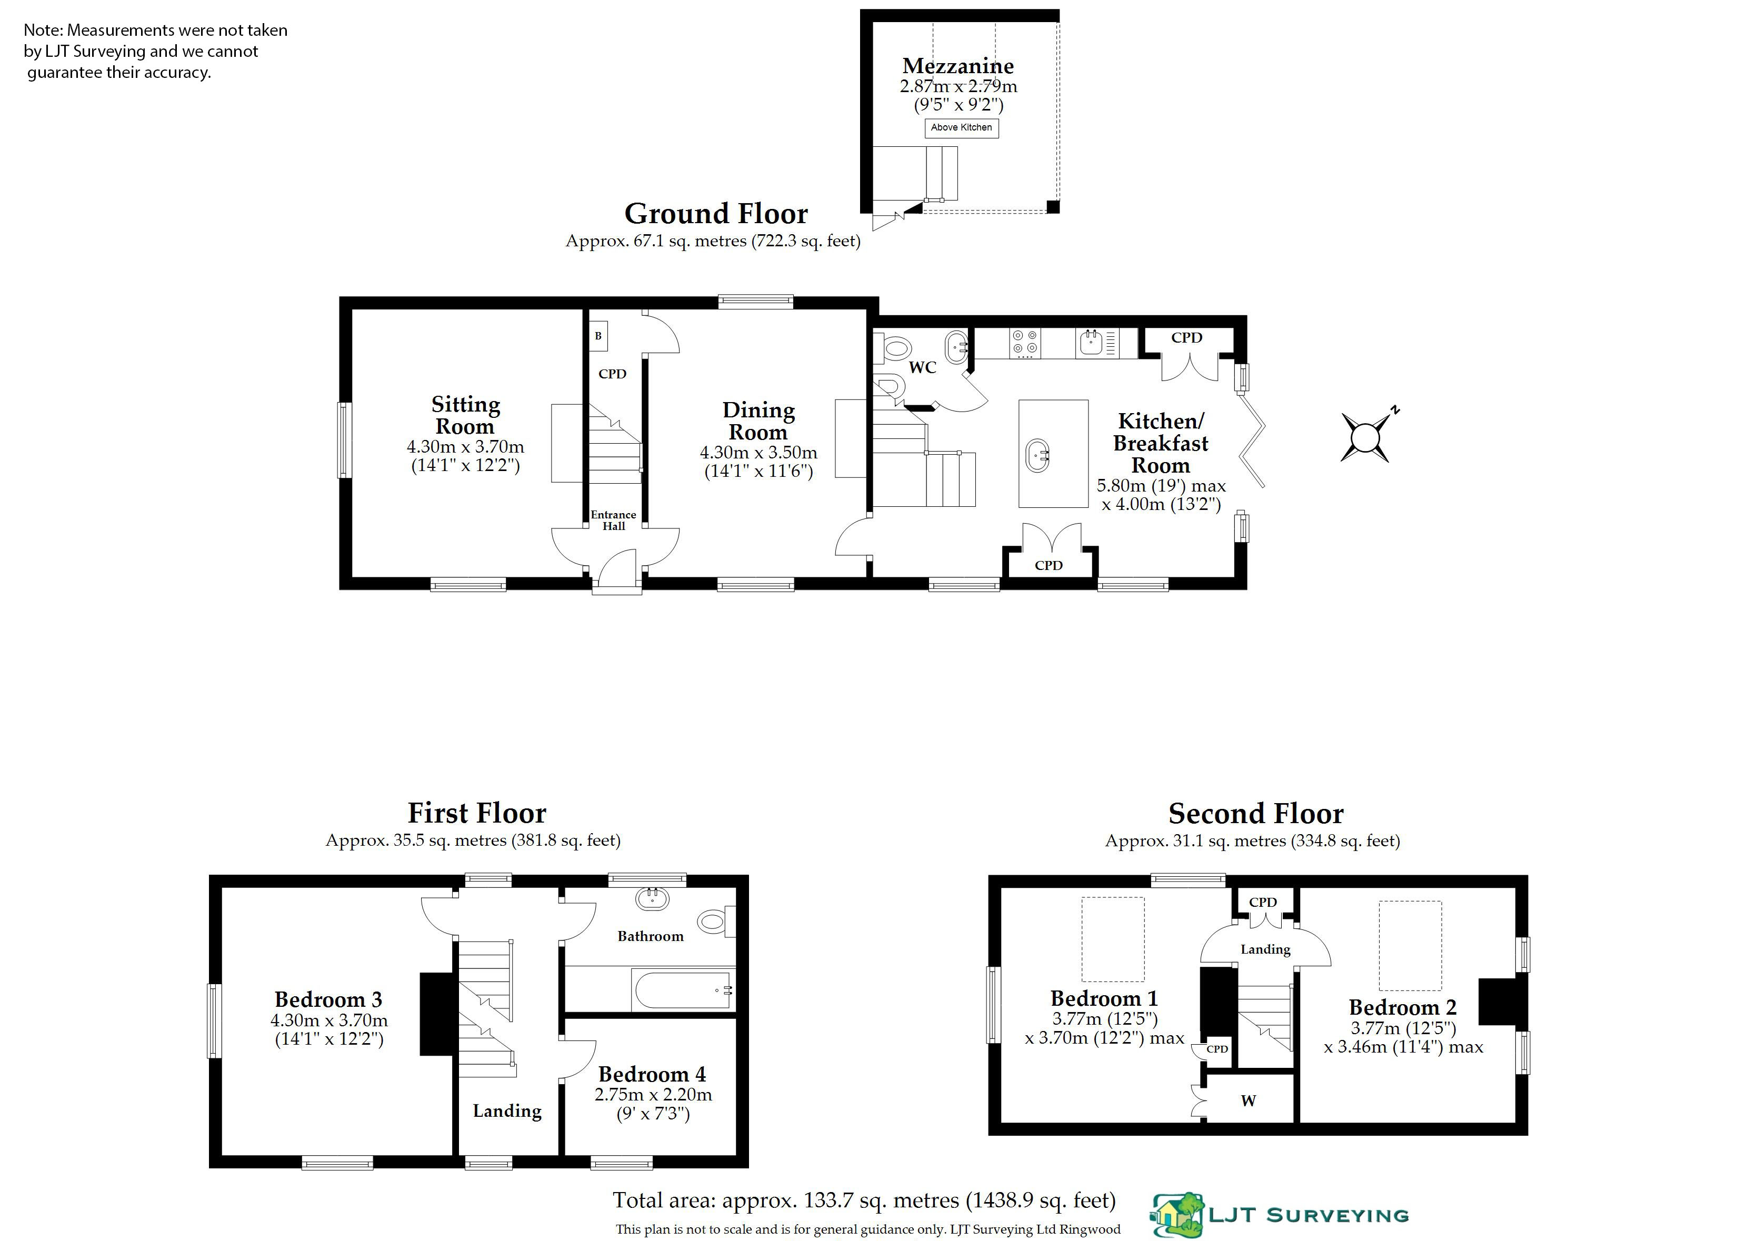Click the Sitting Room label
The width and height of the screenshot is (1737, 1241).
click(465, 415)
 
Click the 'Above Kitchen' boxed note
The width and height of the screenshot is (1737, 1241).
click(961, 127)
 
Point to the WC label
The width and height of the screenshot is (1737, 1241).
click(922, 367)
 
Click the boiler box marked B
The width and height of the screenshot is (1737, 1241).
click(598, 336)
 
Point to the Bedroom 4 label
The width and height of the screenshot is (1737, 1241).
click(652, 1074)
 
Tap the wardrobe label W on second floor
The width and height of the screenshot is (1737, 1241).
click(1248, 1101)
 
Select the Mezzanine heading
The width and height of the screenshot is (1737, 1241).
click(959, 66)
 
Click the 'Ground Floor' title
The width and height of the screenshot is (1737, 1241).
click(716, 213)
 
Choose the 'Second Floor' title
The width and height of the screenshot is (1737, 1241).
click(1255, 813)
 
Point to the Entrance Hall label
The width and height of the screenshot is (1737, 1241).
click(614, 521)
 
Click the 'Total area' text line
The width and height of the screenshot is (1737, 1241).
click(864, 1200)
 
